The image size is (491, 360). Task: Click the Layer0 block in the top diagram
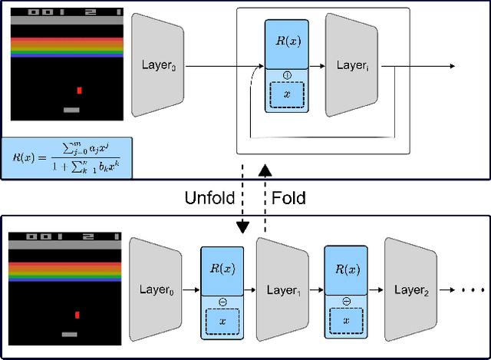(x=157, y=67)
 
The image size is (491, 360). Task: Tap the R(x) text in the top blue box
(x=286, y=43)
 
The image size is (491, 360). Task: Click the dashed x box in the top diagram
(x=286, y=94)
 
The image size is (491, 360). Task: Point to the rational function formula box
(x=67, y=157)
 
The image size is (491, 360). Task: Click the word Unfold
(x=211, y=197)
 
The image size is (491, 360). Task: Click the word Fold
(x=289, y=197)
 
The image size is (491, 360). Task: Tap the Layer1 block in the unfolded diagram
(x=282, y=291)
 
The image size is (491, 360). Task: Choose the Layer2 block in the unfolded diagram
(x=410, y=291)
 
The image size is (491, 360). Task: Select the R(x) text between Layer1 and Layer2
(x=346, y=270)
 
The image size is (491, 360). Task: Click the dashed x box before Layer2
(x=346, y=319)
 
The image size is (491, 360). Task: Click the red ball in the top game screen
(x=78, y=91)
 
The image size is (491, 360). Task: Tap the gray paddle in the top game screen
(x=71, y=110)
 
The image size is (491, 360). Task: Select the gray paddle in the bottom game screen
(x=70, y=334)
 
